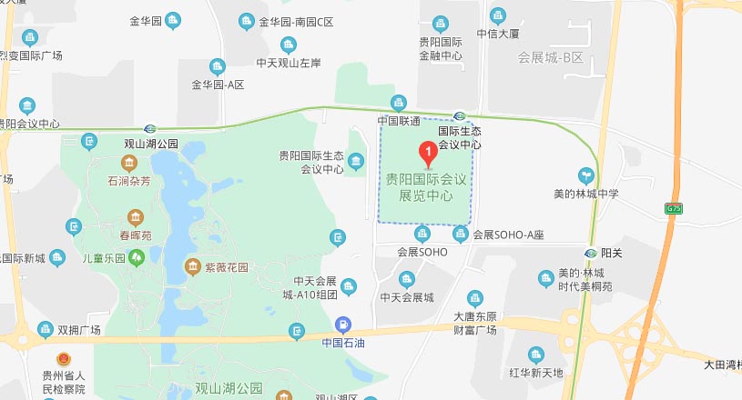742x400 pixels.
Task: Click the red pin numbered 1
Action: point(424,151)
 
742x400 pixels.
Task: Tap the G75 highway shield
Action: point(673,208)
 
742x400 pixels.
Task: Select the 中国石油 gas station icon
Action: point(342,324)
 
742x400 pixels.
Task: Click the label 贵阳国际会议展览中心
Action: point(426,187)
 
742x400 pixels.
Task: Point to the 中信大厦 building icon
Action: point(498,15)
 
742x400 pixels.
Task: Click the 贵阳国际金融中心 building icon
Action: point(441,23)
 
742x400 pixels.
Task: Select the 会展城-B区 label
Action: point(549,58)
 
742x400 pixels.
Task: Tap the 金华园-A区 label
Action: point(219,85)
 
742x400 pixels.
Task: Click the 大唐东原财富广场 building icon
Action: point(474,297)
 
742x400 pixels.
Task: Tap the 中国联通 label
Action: point(399,121)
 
